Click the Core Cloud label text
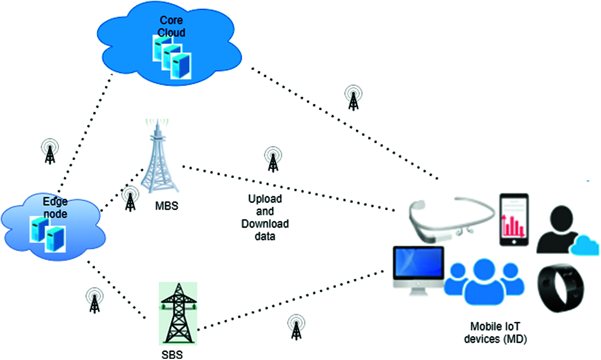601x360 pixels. (x=171, y=26)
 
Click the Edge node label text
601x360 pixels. (x=55, y=208)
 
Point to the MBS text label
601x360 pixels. (x=167, y=206)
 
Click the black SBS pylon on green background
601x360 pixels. (x=178, y=313)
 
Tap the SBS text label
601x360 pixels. (x=172, y=354)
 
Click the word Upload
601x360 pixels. (x=265, y=199)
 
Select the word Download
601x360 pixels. (x=265, y=224)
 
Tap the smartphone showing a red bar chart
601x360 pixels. (x=514, y=220)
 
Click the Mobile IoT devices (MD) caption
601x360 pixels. (x=495, y=332)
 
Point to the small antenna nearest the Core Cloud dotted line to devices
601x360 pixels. (x=353, y=97)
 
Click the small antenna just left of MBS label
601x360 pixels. (x=130, y=199)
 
